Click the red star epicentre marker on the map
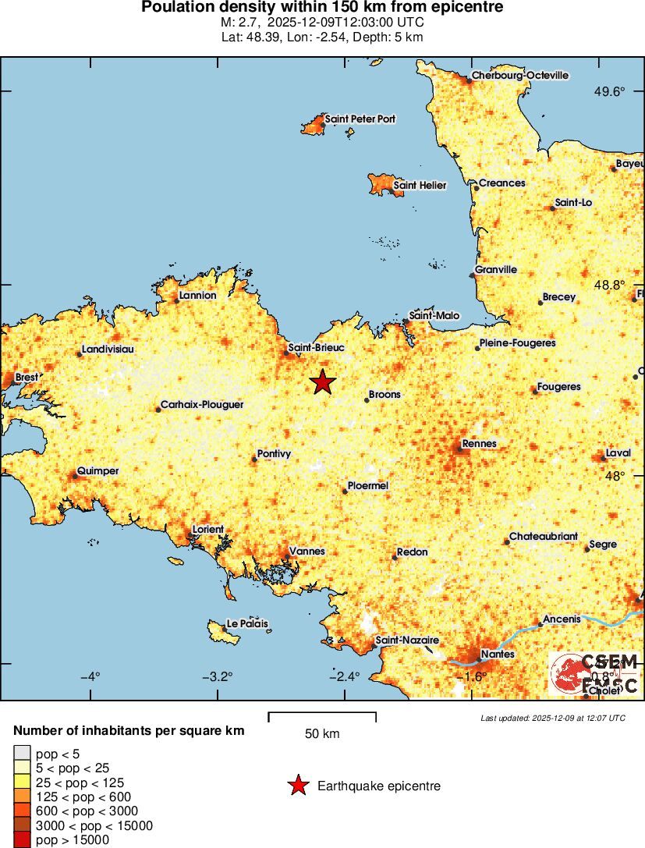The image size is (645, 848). [322, 381]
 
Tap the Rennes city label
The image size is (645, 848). [479, 444]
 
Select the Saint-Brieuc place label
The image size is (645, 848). [316, 347]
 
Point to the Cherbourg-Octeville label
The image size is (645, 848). [519, 76]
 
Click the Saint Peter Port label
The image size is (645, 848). [360, 119]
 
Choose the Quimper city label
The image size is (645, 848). [99, 471]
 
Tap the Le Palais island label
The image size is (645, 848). [246, 624]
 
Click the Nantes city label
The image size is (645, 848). [498, 654]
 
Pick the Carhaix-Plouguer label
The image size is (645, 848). [202, 406]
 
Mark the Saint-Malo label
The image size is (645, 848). [434, 316]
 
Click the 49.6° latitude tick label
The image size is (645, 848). [609, 92]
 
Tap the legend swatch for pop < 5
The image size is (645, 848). [22, 754]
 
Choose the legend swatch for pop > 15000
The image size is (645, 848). [22, 839]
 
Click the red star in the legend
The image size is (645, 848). [298, 786]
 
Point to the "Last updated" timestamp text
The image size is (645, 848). [552, 718]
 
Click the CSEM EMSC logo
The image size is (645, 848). [594, 673]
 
